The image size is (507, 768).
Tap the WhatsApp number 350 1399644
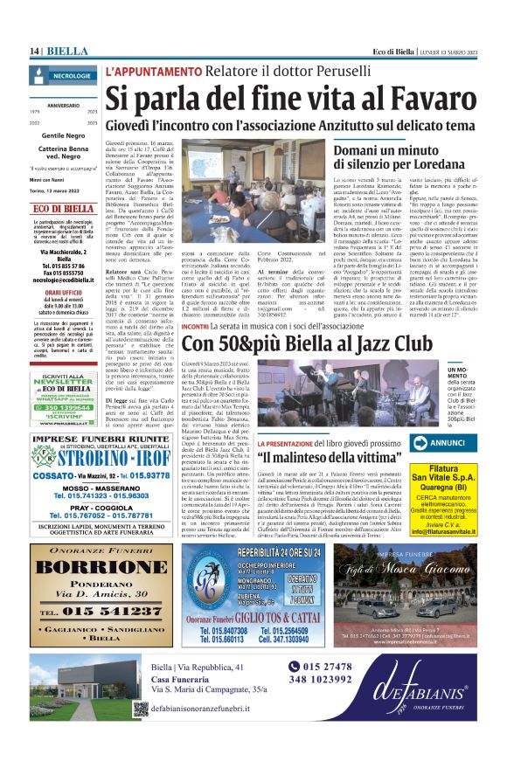(x=68, y=407)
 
